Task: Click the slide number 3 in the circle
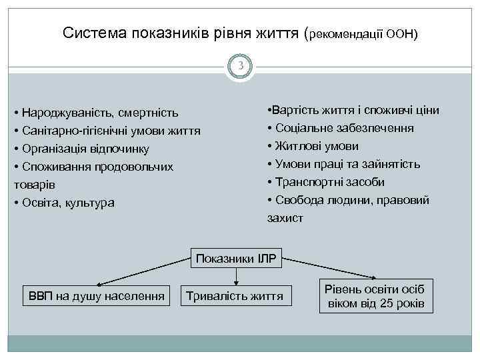tap(240, 66)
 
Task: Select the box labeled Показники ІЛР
tap(237, 257)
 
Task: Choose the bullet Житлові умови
tap(313, 146)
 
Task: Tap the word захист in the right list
tap(285, 218)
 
